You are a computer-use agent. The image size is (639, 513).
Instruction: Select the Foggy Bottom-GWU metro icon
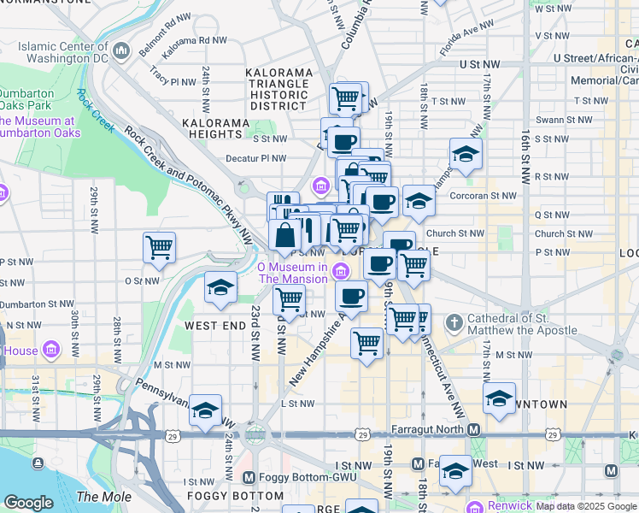tap(249, 477)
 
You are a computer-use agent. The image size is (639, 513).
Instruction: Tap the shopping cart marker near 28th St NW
tap(160, 247)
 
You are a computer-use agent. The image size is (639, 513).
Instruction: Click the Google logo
tap(28, 503)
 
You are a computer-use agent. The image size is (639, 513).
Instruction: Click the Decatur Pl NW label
tap(255, 158)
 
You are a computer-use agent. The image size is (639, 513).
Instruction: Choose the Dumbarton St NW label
tap(31, 304)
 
